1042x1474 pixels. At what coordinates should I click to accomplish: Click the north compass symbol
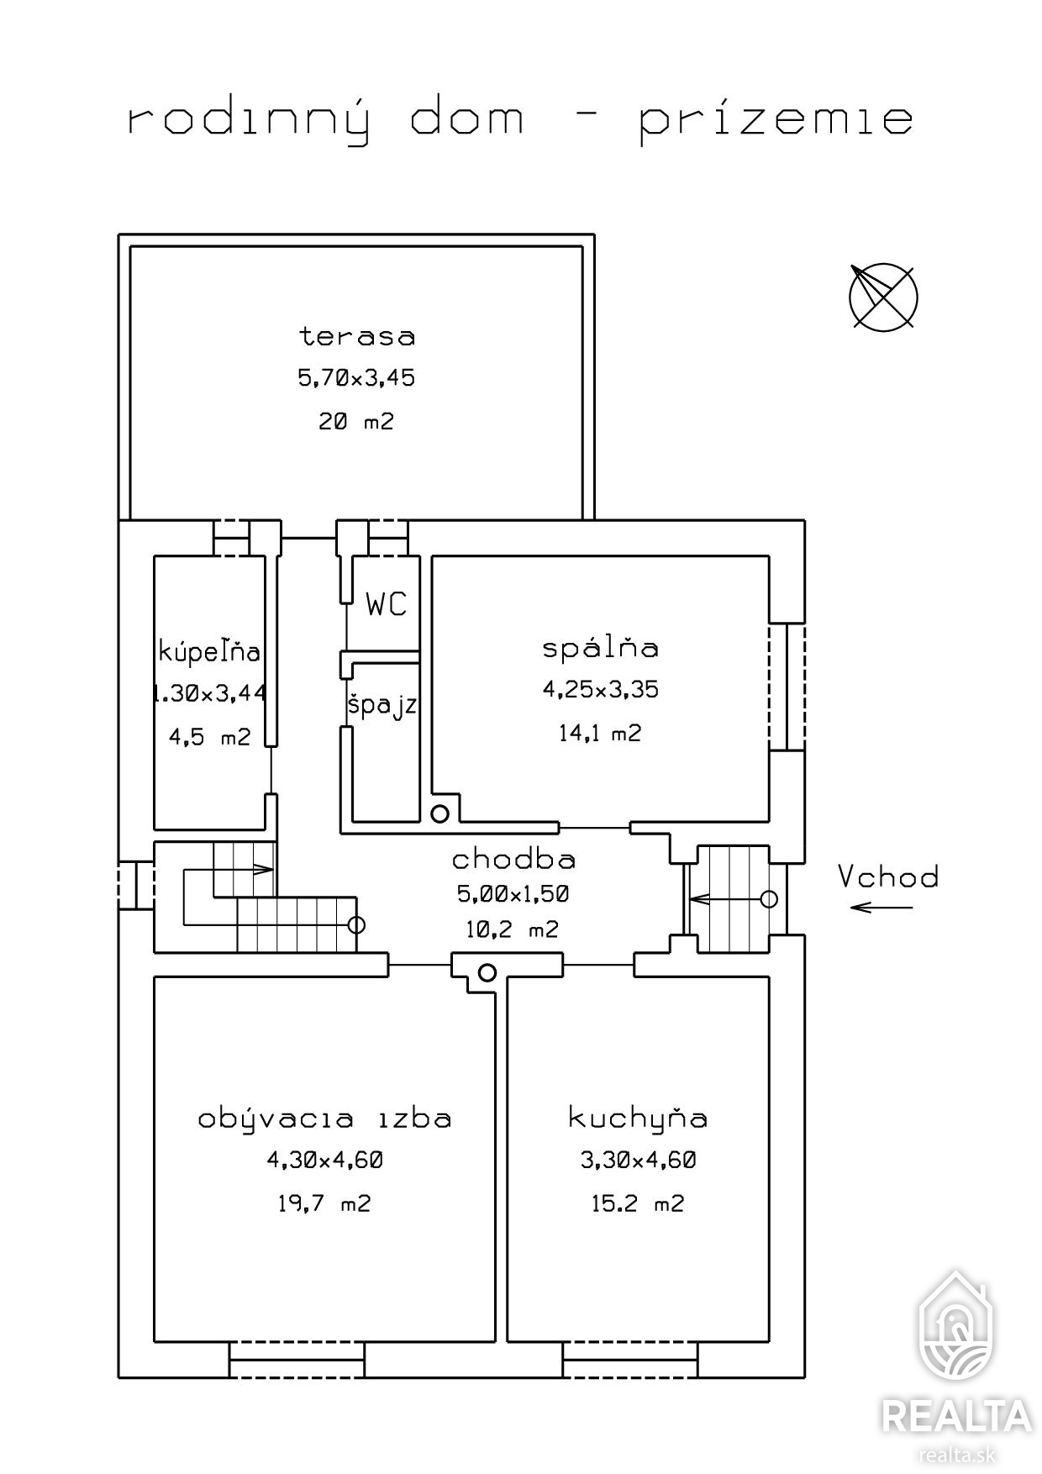883,297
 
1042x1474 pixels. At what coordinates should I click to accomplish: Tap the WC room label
387,603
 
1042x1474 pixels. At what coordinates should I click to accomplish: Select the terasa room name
357,336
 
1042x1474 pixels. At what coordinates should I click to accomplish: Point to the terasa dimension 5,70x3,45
356,378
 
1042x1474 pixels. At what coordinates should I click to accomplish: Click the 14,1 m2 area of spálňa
600,734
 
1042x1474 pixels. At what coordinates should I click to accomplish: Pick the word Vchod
888,877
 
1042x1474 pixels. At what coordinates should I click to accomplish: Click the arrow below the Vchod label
881,907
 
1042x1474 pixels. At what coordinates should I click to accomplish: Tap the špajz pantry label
382,705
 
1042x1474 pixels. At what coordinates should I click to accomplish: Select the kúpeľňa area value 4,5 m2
210,738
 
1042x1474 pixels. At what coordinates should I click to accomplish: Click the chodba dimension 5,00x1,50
513,894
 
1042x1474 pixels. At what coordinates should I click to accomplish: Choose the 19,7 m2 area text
324,1203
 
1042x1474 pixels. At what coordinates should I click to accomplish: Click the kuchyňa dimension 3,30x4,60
639,1161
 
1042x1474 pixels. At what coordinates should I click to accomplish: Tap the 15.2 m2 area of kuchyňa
638,1203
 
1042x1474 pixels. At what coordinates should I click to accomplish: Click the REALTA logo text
956,1415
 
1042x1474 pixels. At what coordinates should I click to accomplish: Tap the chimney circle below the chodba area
487,973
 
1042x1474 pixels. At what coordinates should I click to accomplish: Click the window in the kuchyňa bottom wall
630,1360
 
